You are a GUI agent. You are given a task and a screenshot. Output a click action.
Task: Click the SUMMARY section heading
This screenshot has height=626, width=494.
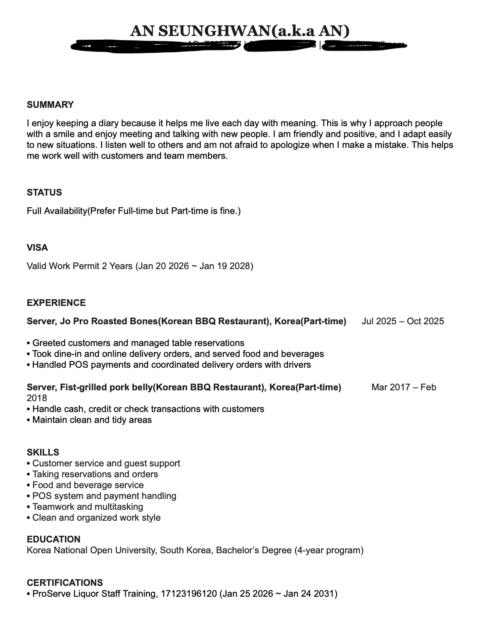50,105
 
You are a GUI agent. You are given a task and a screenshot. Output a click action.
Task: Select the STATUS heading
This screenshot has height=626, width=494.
44,193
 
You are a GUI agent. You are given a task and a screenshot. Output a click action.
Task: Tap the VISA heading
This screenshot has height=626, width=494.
37,248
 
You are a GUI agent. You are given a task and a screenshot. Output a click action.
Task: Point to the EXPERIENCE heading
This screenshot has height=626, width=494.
56,303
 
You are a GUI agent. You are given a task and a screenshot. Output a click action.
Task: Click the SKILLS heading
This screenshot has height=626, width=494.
43,453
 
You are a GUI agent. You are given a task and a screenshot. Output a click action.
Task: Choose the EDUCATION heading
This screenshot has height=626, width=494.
53,539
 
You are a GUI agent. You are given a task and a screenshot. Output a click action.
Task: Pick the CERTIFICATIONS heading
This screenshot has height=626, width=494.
65,583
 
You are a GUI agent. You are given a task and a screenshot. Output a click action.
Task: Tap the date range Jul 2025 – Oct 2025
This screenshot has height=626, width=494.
403,321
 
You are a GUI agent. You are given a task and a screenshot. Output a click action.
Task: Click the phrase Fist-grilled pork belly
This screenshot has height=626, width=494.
106,387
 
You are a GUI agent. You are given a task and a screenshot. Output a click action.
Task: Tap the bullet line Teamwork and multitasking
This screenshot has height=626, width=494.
87,507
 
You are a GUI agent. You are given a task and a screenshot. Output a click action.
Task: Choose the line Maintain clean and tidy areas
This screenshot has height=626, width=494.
92,420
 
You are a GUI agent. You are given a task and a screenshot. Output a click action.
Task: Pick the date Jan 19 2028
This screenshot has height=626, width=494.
224,266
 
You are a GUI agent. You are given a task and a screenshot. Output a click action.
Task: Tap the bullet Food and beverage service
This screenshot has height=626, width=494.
88,485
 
